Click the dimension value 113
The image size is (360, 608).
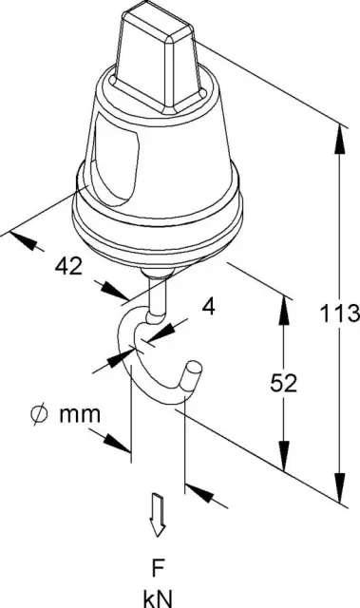click(x=339, y=313)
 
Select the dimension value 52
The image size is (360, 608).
click(x=284, y=383)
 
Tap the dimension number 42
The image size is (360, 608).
click(x=68, y=266)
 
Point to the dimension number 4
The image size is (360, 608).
click(x=208, y=307)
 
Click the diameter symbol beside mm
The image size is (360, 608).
click(x=39, y=414)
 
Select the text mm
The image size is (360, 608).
click(x=80, y=415)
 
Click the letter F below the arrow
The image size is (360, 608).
click(x=157, y=569)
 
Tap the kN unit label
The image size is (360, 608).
click(x=158, y=598)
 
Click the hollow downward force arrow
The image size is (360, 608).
click(x=158, y=515)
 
